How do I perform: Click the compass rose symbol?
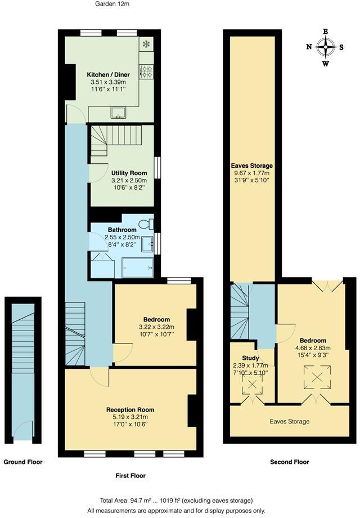(x=326, y=47)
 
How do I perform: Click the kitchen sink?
(x=119, y=113)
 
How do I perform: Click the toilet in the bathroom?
(x=147, y=224)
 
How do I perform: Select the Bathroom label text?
(x=122, y=230)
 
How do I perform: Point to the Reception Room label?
(x=130, y=409)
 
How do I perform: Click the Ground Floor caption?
(x=23, y=462)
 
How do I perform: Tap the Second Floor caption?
(x=289, y=462)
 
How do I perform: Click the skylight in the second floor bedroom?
(x=313, y=376)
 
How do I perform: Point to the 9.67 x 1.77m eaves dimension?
(x=251, y=173)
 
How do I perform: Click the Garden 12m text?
(x=111, y=4)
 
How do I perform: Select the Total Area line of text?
(x=176, y=500)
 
